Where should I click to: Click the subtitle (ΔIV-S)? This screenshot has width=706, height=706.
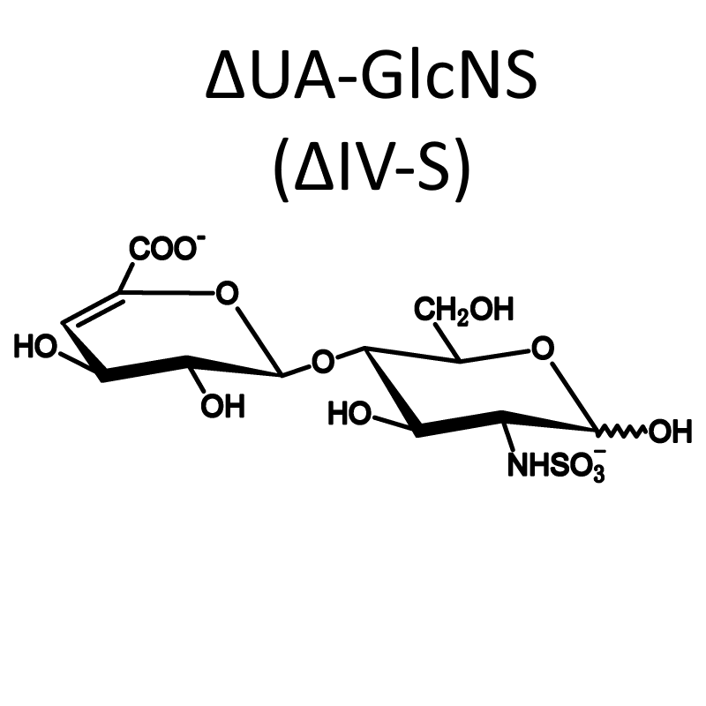pyautogui.click(x=372, y=168)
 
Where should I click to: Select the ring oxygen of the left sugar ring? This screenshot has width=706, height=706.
pyautogui.click(x=227, y=293)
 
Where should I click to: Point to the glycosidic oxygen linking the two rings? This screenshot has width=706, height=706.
pyautogui.click(x=323, y=361)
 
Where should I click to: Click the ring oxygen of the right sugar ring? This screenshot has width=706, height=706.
pyautogui.click(x=542, y=349)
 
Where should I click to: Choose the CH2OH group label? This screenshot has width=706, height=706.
pyautogui.click(x=464, y=311)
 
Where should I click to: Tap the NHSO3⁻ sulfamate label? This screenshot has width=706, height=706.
pyautogui.click(x=557, y=465)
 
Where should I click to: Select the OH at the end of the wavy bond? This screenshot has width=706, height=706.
pyautogui.click(x=670, y=432)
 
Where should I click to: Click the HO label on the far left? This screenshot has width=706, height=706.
pyautogui.click(x=35, y=347)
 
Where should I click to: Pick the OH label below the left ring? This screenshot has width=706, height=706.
pyautogui.click(x=222, y=406)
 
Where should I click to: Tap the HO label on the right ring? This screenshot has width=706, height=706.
pyautogui.click(x=349, y=413)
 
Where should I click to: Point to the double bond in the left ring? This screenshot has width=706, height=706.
pyautogui.click(x=92, y=308)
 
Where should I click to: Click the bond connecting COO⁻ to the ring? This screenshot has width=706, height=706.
pyautogui.click(x=126, y=277)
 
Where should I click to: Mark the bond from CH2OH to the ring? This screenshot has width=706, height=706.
pyautogui.click(x=447, y=342)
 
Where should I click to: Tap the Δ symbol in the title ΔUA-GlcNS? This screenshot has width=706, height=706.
pyautogui.click(x=225, y=75)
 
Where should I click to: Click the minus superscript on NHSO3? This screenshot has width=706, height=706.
pyautogui.click(x=600, y=450)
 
